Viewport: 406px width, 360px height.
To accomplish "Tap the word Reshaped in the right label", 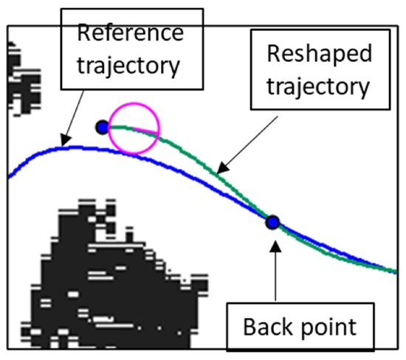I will (317, 55).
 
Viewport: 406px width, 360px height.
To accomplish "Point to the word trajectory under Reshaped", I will (317, 87).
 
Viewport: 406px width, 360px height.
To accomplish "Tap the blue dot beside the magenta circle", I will (102, 128).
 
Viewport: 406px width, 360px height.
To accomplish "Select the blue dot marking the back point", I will (272, 221).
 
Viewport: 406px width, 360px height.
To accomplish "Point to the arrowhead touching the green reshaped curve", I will (224, 171).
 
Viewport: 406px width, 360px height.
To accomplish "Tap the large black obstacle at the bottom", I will (111, 280).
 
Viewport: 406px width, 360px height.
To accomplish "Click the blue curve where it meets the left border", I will (10, 176).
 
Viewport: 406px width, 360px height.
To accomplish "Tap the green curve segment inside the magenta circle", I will (140, 129).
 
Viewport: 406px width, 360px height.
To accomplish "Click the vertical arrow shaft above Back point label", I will (273, 273).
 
